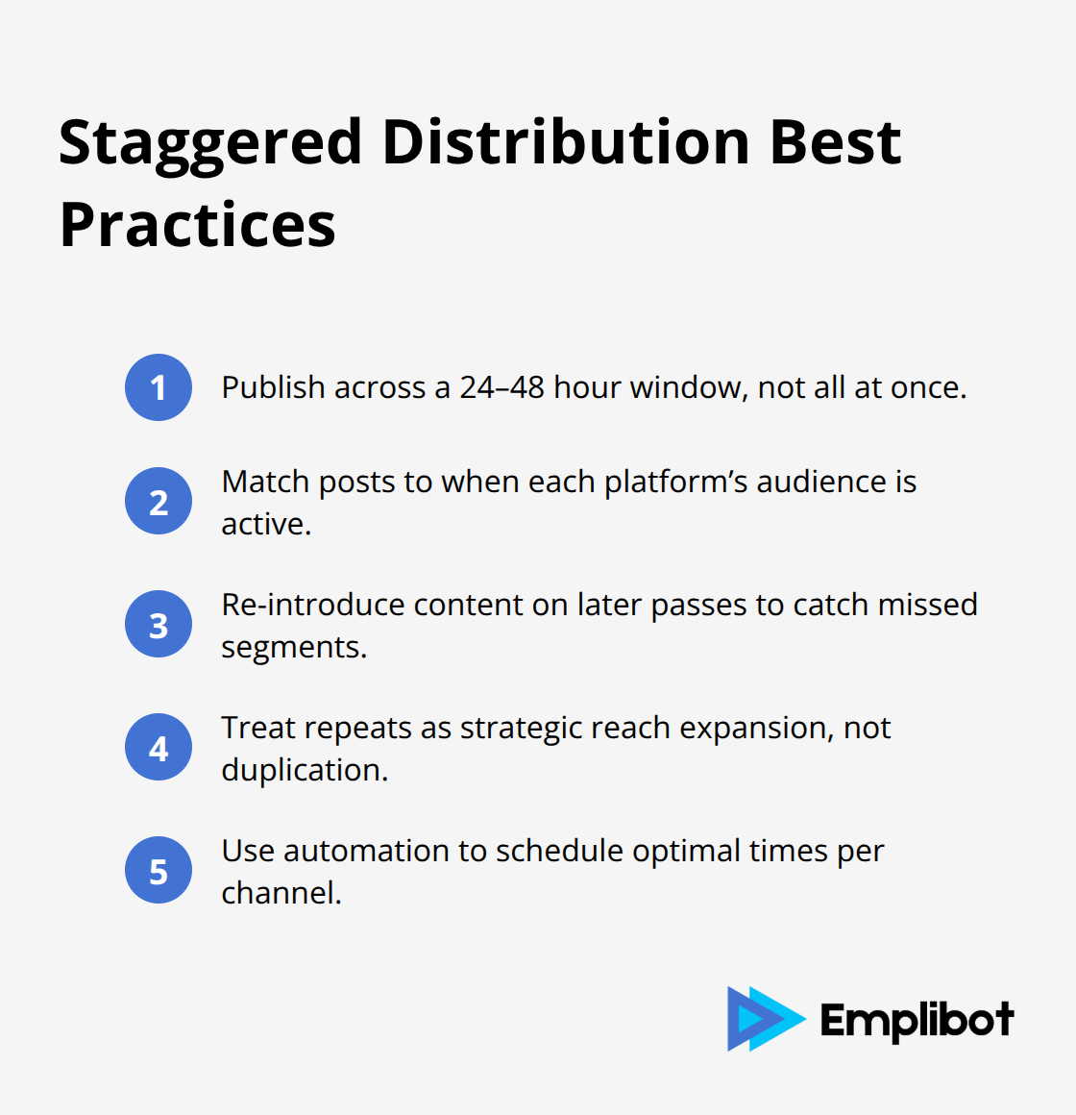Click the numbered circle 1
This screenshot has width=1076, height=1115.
(159, 387)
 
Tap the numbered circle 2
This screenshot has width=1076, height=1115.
(159, 501)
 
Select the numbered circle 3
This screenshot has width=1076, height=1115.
(159, 624)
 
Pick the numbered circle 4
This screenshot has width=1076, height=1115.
(159, 747)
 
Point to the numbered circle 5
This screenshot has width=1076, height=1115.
(159, 870)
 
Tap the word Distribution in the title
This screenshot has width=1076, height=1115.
(566, 142)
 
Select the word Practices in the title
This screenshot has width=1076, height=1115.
(198, 225)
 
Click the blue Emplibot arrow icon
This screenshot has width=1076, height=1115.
(764, 1019)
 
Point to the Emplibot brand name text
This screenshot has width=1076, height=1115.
(917, 1021)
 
